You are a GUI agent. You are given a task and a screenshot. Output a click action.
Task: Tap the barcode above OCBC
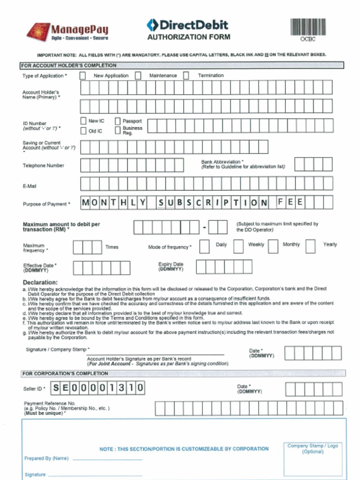point(308,27)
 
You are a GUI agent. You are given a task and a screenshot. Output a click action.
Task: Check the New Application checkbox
point(82,75)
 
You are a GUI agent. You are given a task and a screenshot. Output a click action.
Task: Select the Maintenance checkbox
point(138,75)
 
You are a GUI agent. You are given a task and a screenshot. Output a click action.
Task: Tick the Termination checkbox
point(186,75)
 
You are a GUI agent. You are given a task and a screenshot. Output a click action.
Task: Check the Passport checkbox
point(118,121)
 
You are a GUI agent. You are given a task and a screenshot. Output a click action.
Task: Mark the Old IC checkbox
point(83,131)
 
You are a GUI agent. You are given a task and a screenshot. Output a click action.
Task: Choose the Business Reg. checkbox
point(118,130)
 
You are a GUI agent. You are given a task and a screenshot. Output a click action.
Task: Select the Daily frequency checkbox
point(204,246)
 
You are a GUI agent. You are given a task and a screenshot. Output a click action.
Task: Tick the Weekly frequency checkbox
point(239,246)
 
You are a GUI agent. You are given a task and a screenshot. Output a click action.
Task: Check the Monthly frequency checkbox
point(273,246)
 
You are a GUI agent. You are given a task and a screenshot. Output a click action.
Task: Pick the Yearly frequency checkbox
point(310,246)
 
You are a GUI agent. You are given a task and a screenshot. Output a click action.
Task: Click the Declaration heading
point(40,283)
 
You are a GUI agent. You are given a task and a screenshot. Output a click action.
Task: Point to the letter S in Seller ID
point(56,388)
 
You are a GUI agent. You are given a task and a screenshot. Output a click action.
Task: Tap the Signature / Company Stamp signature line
point(155,354)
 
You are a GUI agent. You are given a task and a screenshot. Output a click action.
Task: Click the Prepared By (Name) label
point(46,458)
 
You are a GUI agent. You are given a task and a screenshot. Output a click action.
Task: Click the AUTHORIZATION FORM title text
point(188,37)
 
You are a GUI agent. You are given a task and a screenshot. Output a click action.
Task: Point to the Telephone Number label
point(44,165)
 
